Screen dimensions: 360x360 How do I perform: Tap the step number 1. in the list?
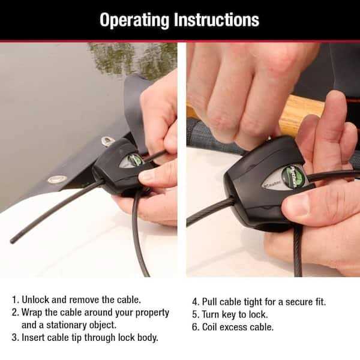[x=15, y=298]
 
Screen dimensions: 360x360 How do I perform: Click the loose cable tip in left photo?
[x=13, y=241]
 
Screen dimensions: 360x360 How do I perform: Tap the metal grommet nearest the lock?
[x=109, y=141]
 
